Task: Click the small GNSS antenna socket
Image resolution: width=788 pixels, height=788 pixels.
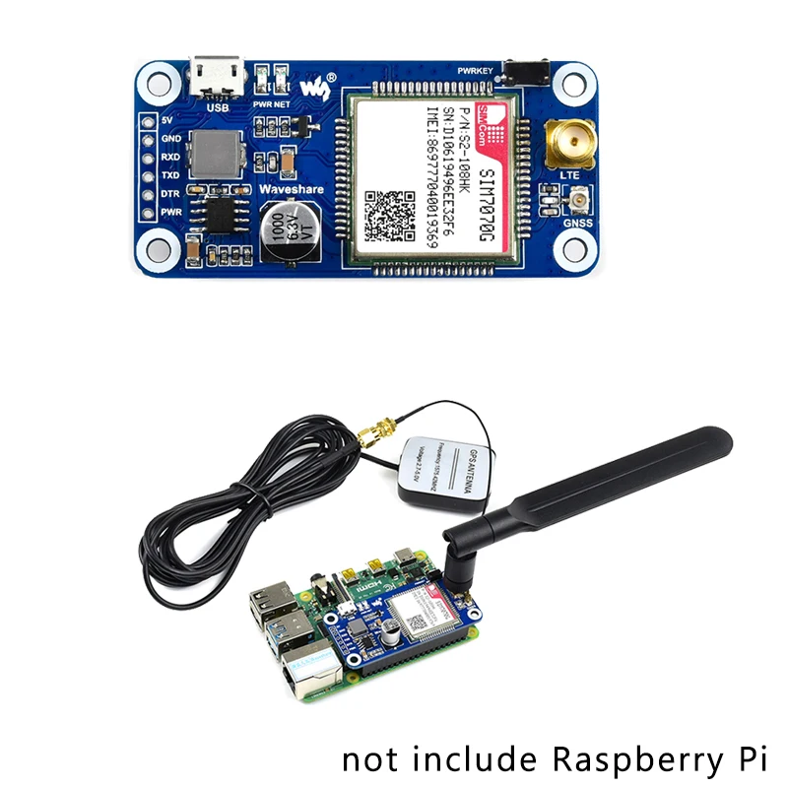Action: click(x=575, y=204)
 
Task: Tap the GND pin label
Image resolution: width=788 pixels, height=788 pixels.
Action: click(x=170, y=139)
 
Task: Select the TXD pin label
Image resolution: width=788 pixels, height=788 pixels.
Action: click(x=170, y=175)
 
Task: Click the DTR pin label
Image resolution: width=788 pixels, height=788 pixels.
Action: click(x=170, y=193)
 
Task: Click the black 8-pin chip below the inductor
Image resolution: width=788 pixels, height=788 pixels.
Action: click(x=215, y=215)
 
